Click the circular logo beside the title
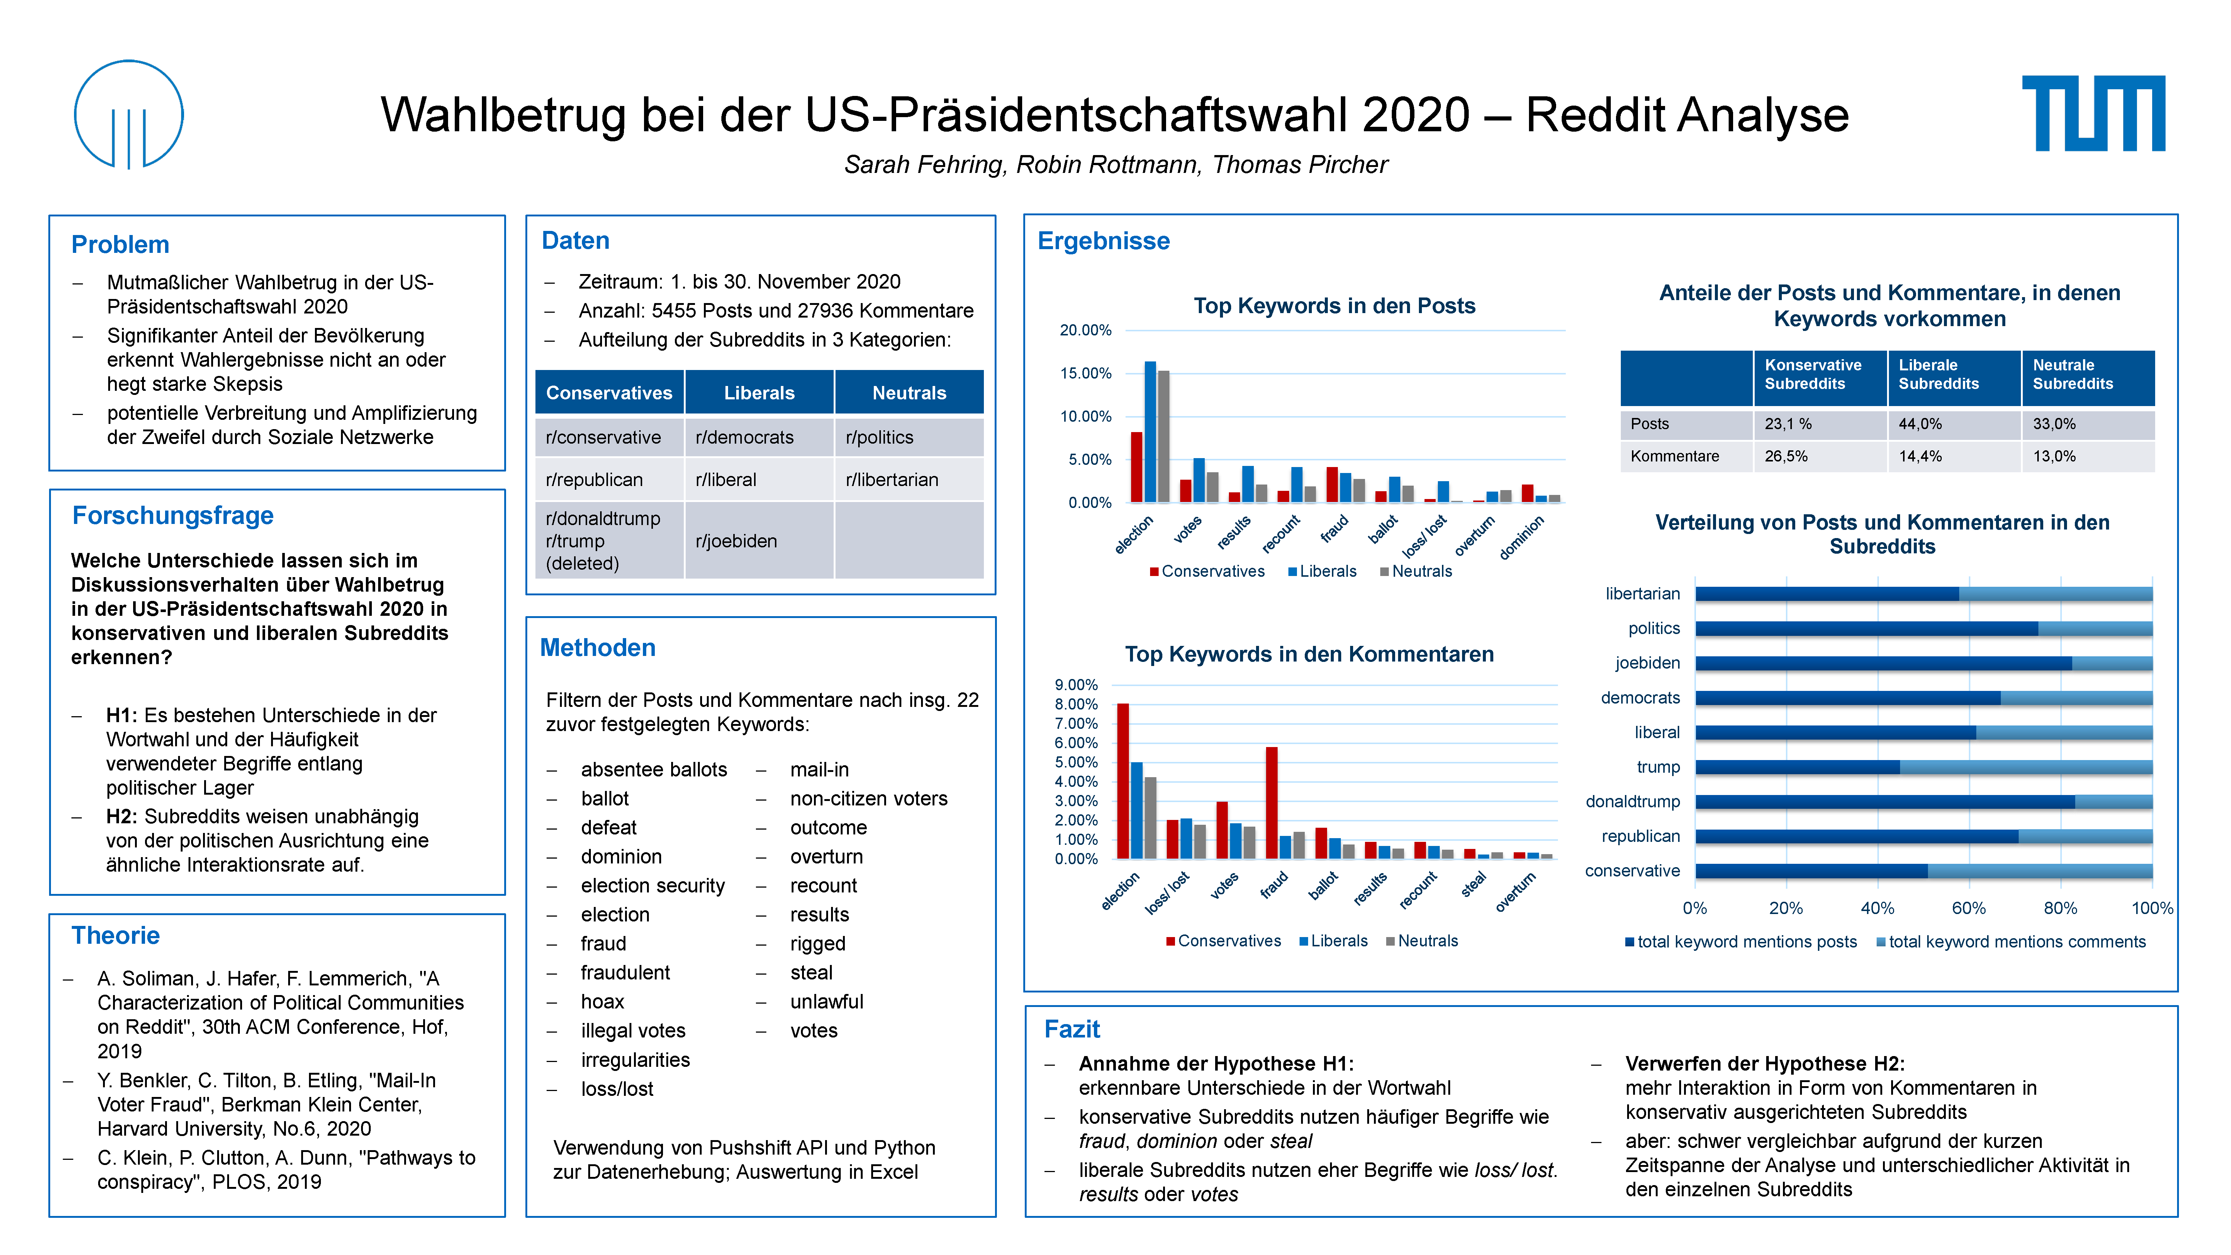(128, 113)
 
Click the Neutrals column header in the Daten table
(908, 392)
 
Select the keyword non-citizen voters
(869, 799)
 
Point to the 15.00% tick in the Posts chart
(1085, 373)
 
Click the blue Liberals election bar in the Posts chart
(1150, 431)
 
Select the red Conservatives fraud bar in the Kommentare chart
(1271, 803)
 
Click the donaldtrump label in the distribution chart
(1633, 801)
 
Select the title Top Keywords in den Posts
(1334, 306)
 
